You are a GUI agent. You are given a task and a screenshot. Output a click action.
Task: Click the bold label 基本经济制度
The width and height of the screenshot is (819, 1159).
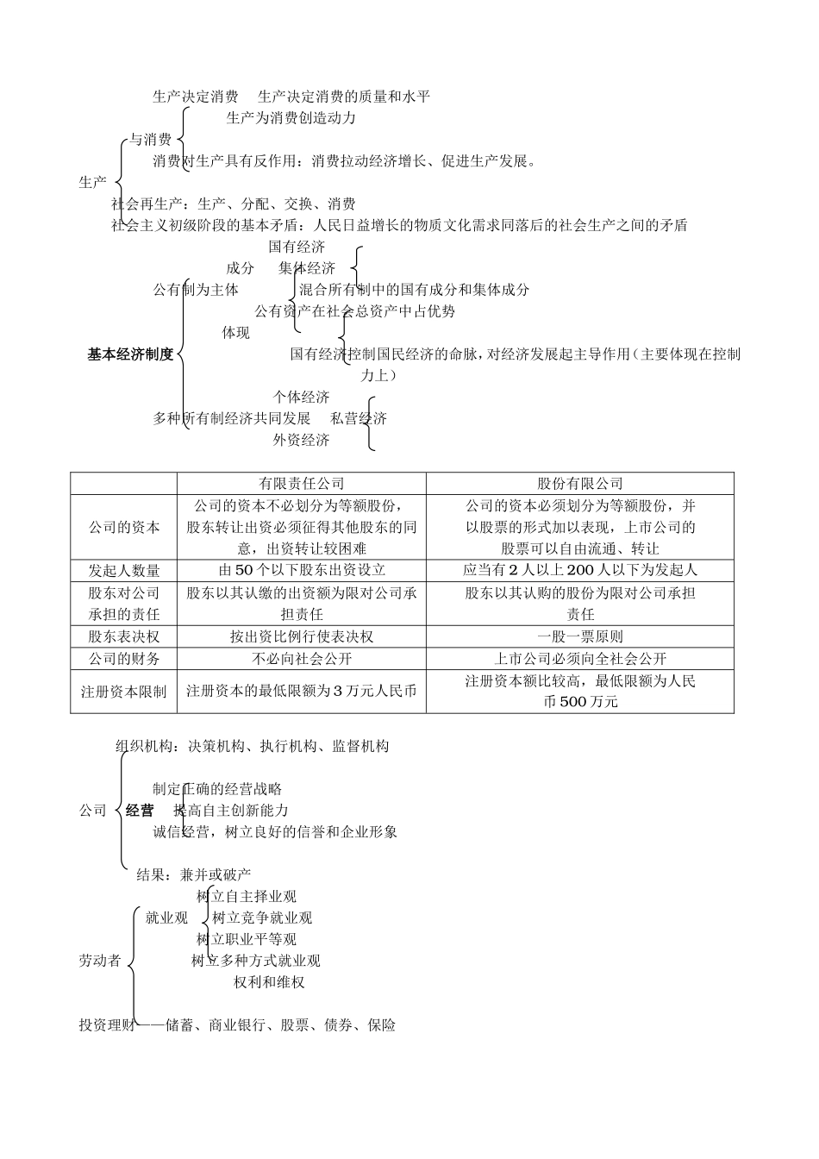[x=130, y=354]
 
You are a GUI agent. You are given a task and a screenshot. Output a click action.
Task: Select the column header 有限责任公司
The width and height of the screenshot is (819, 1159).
[x=301, y=484]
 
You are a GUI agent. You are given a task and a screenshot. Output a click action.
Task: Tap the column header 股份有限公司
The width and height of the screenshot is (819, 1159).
[x=579, y=484]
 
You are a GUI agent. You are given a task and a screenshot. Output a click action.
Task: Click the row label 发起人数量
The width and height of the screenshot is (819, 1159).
[x=124, y=570]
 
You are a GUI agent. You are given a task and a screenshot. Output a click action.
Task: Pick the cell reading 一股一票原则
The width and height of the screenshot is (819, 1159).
[x=579, y=637]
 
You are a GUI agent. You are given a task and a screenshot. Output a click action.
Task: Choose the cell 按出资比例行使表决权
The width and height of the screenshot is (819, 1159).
[x=301, y=637]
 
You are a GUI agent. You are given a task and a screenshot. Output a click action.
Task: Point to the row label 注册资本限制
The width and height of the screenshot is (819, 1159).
[x=124, y=692]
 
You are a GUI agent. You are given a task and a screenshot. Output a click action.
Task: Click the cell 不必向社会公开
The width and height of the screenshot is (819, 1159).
[x=301, y=659]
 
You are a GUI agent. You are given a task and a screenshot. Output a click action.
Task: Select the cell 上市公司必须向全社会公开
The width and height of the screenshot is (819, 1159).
[x=579, y=659]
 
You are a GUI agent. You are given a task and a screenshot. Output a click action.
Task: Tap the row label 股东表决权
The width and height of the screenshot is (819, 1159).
[x=124, y=637]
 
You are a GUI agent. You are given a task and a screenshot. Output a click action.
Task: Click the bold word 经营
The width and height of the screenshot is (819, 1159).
[x=140, y=811]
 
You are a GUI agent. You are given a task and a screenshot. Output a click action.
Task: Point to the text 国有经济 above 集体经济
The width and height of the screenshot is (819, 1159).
[x=297, y=247]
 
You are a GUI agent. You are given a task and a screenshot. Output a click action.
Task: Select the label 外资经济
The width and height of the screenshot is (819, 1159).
[x=301, y=441]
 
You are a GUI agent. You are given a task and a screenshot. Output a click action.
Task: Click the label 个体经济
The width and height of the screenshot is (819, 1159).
[x=301, y=398]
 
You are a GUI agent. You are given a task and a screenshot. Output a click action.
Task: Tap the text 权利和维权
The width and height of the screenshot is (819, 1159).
[x=269, y=982]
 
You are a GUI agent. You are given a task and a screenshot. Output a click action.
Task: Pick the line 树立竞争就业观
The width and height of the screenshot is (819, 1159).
[x=262, y=918]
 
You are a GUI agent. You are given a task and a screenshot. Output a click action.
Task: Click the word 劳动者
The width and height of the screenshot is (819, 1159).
[x=100, y=961]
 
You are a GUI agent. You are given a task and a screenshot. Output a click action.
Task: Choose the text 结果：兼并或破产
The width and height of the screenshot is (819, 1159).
[x=194, y=875]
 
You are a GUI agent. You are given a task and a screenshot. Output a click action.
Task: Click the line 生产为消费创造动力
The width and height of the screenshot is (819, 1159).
[x=291, y=118]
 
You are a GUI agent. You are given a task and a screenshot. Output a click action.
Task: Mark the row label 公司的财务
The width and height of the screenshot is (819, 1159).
[x=124, y=659]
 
